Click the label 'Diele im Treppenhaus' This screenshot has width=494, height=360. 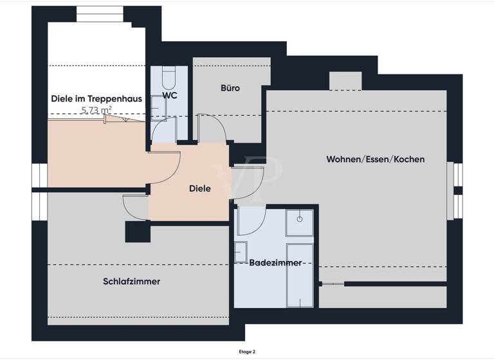point(96,99)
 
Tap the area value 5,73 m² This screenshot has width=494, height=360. point(96,111)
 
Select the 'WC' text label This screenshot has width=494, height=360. point(170,95)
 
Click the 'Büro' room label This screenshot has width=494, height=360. point(230,88)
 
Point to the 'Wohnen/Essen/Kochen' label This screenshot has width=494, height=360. point(375,159)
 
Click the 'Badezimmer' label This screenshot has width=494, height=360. point(275,263)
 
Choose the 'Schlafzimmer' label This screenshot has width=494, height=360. point(131,282)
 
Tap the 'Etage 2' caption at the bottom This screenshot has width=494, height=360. point(246,352)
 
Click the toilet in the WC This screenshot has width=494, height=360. point(169,79)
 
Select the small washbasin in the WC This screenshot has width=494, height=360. point(156,104)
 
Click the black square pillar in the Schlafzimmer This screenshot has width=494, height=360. point(137,232)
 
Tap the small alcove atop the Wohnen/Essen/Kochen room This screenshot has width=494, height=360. point(345,81)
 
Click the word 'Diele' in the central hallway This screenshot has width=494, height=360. point(199,189)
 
